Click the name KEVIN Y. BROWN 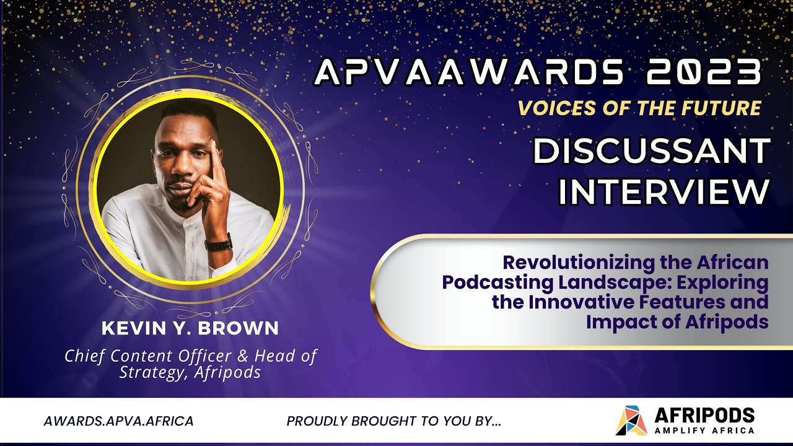pos(190,328)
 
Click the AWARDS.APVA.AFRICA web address pos(118,421)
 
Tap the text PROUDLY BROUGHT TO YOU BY pos(393,421)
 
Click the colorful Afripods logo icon pos(631,421)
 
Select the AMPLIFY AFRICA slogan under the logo pos(704,431)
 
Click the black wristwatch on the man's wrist pos(218,242)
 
